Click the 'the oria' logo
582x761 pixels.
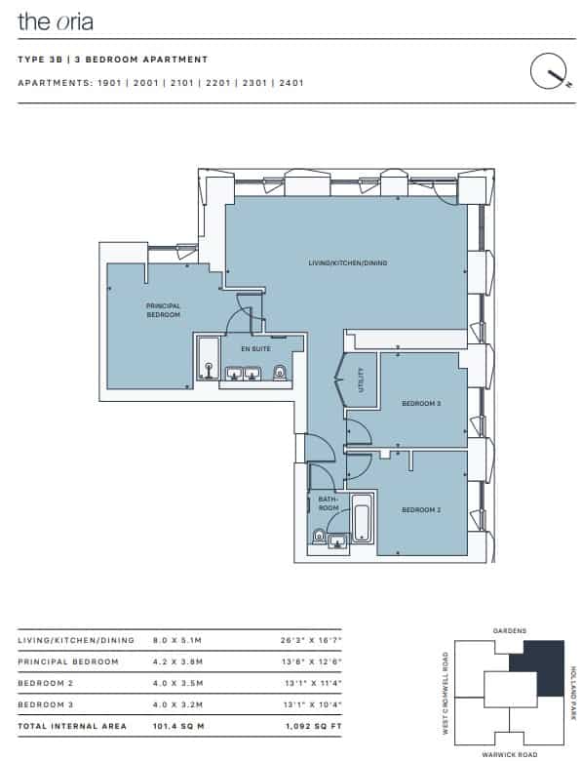pyautogui.click(x=56, y=21)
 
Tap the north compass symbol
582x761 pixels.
pyautogui.click(x=550, y=71)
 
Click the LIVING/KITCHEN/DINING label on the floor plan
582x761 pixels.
pyautogui.click(x=348, y=263)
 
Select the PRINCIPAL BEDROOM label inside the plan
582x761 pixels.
pyautogui.click(x=164, y=310)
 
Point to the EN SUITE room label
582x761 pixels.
pyautogui.click(x=255, y=348)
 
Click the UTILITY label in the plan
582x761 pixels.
pyautogui.click(x=361, y=380)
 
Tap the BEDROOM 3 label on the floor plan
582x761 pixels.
pyautogui.click(x=421, y=403)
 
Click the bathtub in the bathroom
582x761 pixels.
pyautogui.click(x=363, y=518)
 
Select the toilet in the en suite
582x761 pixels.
pyautogui.click(x=280, y=373)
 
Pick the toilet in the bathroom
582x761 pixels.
pyautogui.click(x=319, y=536)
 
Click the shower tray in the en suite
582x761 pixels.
pyautogui.click(x=209, y=358)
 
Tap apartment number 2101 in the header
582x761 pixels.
pyautogui.click(x=182, y=83)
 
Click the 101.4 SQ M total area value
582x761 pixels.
pyautogui.click(x=178, y=726)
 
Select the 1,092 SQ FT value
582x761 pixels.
pyautogui.click(x=313, y=726)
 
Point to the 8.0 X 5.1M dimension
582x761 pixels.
pyautogui.click(x=177, y=640)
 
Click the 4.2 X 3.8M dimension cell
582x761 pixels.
pyautogui.click(x=177, y=661)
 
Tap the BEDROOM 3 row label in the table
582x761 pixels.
pyautogui.click(x=46, y=704)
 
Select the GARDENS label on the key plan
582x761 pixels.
pyautogui.click(x=509, y=631)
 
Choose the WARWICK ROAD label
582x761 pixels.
pyautogui.click(x=509, y=755)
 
